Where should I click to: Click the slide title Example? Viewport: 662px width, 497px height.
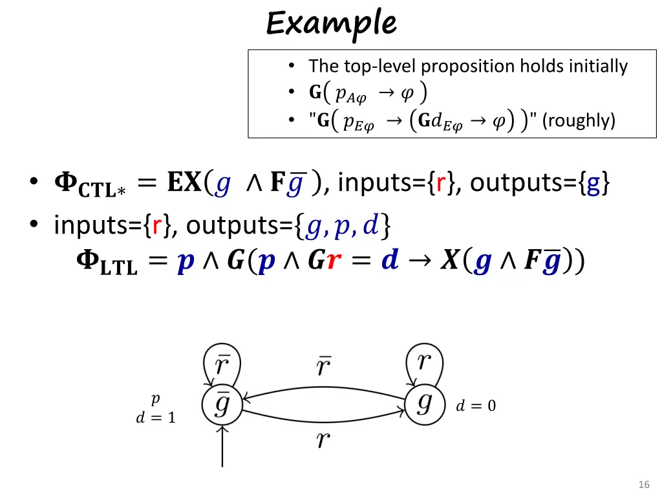coord(331,24)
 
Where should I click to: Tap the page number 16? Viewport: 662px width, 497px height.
coord(643,485)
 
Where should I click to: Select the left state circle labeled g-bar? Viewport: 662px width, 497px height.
coord(222,406)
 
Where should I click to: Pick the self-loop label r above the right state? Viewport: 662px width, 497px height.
coord(424,361)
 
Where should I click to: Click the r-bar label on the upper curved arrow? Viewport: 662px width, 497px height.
coord(324,366)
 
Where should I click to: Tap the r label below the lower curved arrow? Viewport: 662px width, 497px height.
coord(323,441)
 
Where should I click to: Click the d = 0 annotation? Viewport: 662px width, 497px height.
coord(476,406)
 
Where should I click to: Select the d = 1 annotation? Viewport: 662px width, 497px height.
coord(155,418)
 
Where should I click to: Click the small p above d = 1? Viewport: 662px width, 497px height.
coord(155,399)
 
